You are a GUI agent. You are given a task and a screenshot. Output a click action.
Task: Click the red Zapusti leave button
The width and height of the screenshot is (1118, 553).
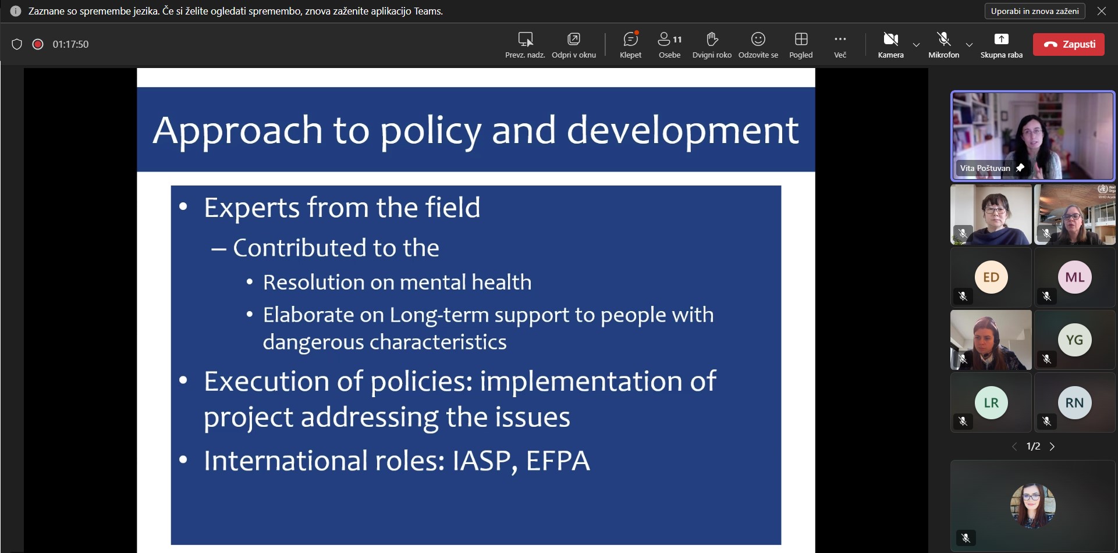click(1069, 44)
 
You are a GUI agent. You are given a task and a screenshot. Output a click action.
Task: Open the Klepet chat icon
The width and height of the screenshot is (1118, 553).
click(630, 39)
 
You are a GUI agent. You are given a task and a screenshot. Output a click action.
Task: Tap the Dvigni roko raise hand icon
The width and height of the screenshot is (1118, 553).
click(712, 39)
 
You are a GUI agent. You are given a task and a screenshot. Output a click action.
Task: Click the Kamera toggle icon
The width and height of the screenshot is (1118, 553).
click(890, 39)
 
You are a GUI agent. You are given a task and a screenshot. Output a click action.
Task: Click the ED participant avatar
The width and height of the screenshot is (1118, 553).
click(991, 277)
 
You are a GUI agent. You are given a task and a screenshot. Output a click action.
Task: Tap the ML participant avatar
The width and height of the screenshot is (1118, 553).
click(1075, 277)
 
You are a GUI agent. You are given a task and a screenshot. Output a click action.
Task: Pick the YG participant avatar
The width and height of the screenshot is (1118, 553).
click(1075, 340)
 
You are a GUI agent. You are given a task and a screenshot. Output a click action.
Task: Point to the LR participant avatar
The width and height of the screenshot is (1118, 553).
click(991, 402)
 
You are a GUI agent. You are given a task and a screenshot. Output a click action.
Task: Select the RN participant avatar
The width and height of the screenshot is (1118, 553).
click(1075, 402)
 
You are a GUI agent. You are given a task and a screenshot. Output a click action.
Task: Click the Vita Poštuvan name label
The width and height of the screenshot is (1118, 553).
click(985, 168)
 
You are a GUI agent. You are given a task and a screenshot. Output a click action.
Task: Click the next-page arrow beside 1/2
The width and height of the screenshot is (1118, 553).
click(1052, 447)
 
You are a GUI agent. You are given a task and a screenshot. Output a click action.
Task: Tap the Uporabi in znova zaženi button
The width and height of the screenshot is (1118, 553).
click(1035, 11)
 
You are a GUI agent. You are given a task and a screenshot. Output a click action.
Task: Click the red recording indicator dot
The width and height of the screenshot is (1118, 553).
click(38, 44)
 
